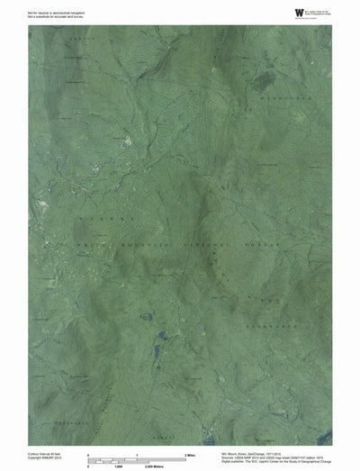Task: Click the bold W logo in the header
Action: (x=297, y=12)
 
